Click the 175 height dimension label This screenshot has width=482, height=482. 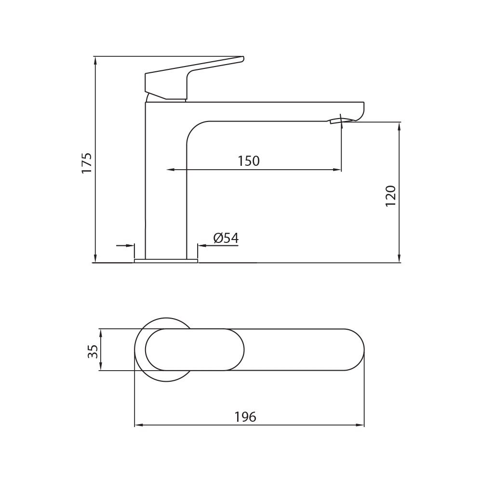click(87, 163)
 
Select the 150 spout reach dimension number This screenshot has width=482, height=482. click(249, 161)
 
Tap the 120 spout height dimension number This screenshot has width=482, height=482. click(390, 196)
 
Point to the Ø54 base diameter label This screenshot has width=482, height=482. click(226, 238)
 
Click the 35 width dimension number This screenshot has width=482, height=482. click(93, 351)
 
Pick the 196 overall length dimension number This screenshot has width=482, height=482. click(245, 417)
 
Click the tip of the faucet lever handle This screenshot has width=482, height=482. click(242, 58)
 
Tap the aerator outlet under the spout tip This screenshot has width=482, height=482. click(336, 121)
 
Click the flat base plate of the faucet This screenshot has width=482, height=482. click(166, 261)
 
